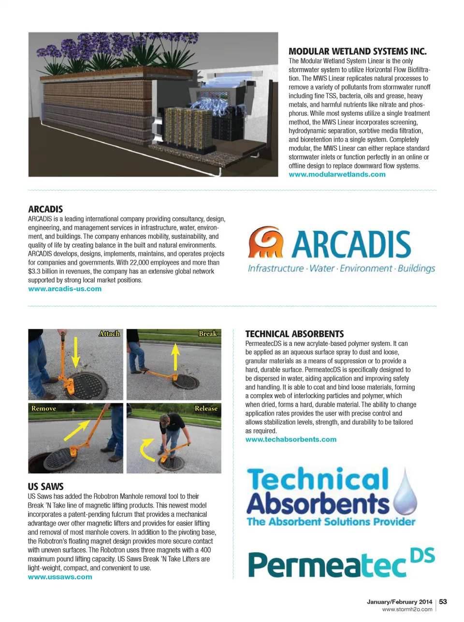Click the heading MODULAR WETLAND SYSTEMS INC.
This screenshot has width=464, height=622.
357,51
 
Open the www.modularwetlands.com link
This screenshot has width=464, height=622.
337,174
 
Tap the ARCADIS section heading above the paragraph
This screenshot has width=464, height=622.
45,209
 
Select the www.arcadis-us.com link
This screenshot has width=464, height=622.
65,289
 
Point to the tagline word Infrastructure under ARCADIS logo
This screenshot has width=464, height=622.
275,269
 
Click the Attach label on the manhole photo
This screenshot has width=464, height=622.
109,334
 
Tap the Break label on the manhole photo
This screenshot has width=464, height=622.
208,334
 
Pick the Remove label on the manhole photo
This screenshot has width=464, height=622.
43,409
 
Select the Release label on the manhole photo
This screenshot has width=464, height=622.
206,409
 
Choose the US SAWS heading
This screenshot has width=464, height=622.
45,487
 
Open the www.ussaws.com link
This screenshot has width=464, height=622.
60,577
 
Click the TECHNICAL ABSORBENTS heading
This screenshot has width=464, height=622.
294,334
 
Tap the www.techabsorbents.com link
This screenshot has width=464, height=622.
290,439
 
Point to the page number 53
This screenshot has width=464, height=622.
443,602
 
